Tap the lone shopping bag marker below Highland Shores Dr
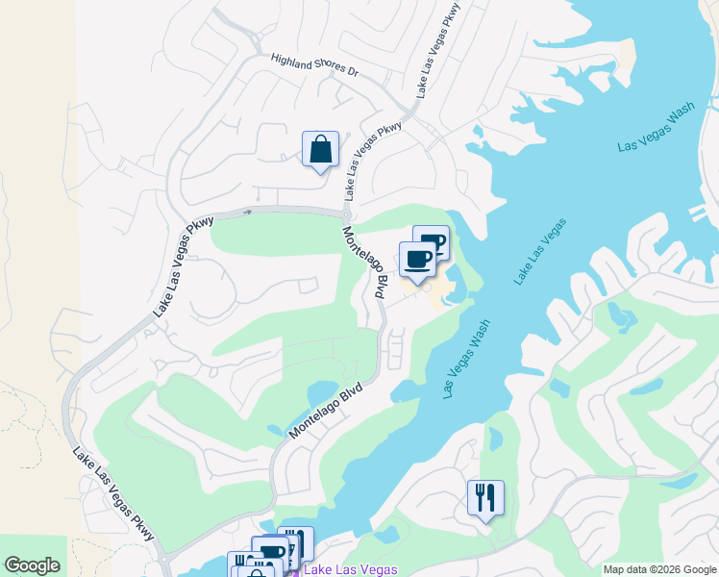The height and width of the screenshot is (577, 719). (320, 150)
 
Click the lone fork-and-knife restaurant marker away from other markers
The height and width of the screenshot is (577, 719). (485, 498)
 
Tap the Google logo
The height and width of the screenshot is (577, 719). (32, 565)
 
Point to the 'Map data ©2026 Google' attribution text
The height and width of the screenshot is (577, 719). (660, 568)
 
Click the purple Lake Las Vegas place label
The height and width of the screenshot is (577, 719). (350, 569)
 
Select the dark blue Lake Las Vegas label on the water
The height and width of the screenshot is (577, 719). (539, 252)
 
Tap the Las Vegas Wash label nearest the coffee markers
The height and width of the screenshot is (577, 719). (467, 359)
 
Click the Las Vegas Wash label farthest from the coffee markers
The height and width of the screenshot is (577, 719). (656, 127)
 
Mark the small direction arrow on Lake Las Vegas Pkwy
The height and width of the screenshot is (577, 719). (248, 212)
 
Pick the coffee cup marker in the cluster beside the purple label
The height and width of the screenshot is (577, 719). (270, 552)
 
